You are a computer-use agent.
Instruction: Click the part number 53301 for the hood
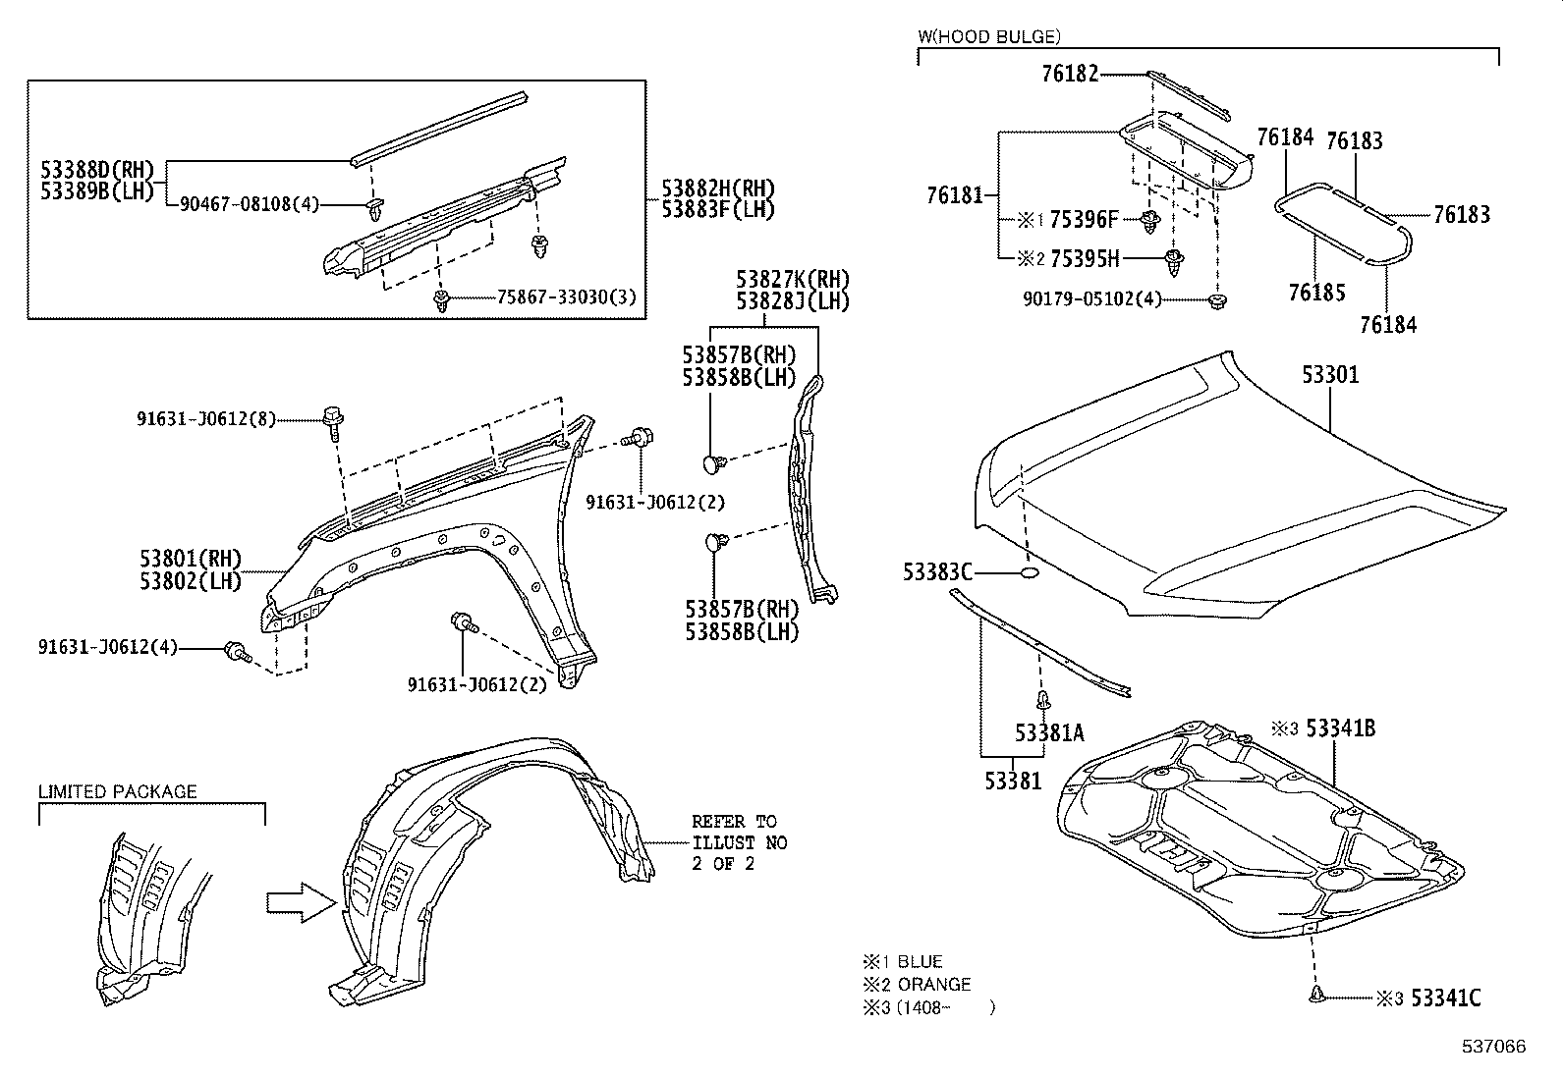1330,374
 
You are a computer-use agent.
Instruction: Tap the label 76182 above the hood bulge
1070,74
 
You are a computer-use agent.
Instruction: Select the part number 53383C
937,571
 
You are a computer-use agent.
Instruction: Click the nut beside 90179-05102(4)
1217,299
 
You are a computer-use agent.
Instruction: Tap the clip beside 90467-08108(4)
374,206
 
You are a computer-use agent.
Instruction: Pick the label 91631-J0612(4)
108,647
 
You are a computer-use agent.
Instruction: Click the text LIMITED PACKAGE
117,791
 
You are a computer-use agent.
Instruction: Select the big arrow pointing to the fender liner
301,901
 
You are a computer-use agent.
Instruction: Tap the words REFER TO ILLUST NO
738,832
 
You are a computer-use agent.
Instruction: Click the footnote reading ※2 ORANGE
917,984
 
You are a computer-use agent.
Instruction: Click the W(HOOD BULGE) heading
988,37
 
